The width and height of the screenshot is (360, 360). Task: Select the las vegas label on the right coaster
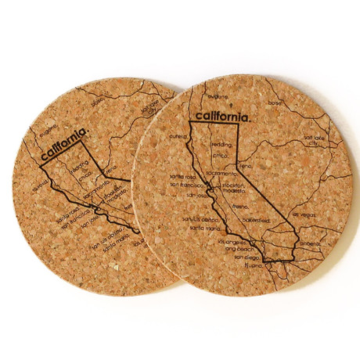pyautogui.click(x=305, y=213)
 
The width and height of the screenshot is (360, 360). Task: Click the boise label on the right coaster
pyautogui.click(x=274, y=103)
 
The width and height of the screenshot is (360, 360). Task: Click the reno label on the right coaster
pyautogui.click(x=246, y=166)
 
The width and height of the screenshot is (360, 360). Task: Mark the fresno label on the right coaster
pyautogui.click(x=239, y=206)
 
